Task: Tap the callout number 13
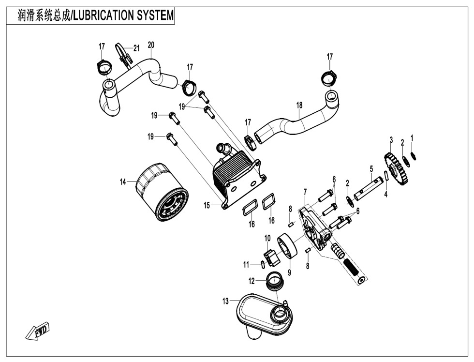pyautogui.click(x=225, y=302)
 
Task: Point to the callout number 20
pyautogui.click(x=151, y=45)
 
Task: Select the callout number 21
pyautogui.click(x=136, y=48)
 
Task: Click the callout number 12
pyautogui.click(x=252, y=281)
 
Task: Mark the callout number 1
pyautogui.click(x=412, y=138)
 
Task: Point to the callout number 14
pyautogui.click(x=123, y=181)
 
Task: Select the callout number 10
pyautogui.click(x=267, y=238)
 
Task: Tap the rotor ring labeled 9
pyautogui.click(x=289, y=246)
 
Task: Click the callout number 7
pyautogui.click(x=305, y=193)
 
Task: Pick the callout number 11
pyautogui.click(x=246, y=265)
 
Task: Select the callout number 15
pyautogui.click(x=207, y=206)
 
